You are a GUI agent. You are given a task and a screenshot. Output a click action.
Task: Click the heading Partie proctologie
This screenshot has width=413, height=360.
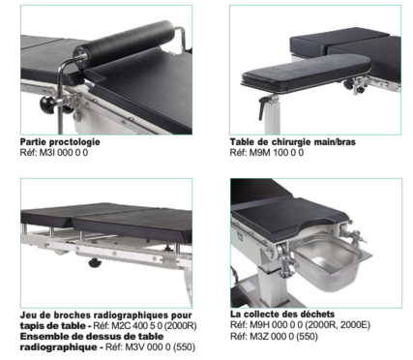[60, 142]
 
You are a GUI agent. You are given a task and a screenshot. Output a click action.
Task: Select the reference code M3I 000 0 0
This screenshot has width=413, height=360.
[64, 153]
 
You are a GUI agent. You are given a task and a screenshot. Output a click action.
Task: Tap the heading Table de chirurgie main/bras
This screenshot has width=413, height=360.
[293, 142]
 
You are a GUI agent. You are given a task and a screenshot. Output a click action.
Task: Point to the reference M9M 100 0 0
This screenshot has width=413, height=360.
[277, 153]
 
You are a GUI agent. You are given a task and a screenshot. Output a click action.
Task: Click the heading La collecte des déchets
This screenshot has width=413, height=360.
[282, 315]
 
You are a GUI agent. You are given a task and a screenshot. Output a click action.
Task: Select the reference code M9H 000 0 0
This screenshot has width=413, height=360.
[277, 325]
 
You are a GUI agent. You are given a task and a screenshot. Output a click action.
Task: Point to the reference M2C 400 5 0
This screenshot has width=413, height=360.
[137, 326]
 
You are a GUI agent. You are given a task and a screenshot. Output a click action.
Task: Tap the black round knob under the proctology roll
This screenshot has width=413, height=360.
[48, 105]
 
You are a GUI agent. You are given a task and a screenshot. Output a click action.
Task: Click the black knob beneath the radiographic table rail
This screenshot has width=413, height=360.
[96, 263]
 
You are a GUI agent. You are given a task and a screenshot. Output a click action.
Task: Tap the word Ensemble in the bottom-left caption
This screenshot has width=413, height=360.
[44, 337]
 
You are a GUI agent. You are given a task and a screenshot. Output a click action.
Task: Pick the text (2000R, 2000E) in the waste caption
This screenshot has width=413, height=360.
[338, 325]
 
